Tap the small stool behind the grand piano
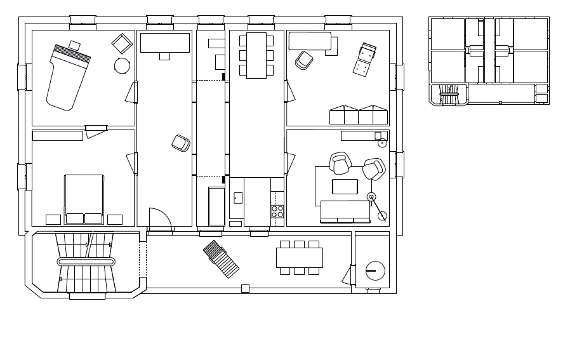[x=74, y=45]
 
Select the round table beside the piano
[x=122, y=65]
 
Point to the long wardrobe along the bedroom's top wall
[x=57, y=136]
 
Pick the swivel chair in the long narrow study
[x=181, y=143]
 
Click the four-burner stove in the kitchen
[x=278, y=211]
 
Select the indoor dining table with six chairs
[x=256, y=55]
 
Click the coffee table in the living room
[x=345, y=187]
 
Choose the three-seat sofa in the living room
[x=345, y=211]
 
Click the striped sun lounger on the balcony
[x=222, y=259]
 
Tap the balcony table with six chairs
[x=300, y=257]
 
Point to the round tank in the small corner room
[x=375, y=271]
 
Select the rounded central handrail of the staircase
[x=86, y=262]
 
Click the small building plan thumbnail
[x=489, y=61]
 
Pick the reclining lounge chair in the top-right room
[x=365, y=60]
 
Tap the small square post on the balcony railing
[x=245, y=289]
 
